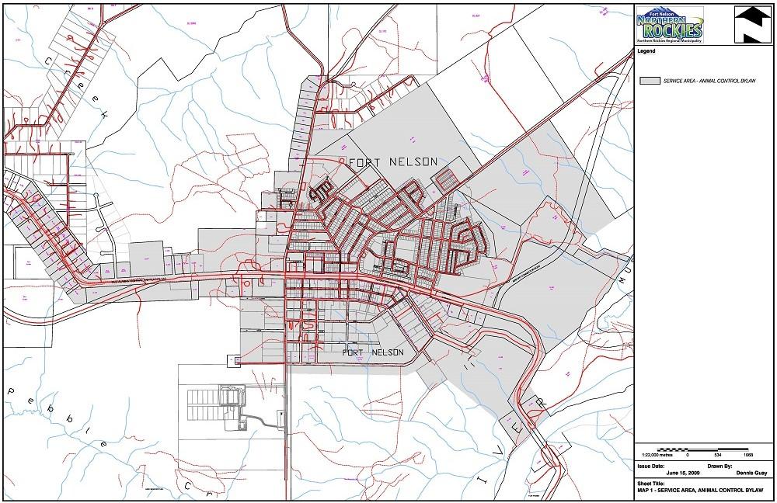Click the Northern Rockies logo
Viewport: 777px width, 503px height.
[669, 25]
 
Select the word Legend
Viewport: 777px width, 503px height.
[646, 51]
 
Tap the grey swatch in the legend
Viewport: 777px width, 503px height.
[649, 81]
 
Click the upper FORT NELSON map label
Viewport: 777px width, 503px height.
[393, 161]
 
